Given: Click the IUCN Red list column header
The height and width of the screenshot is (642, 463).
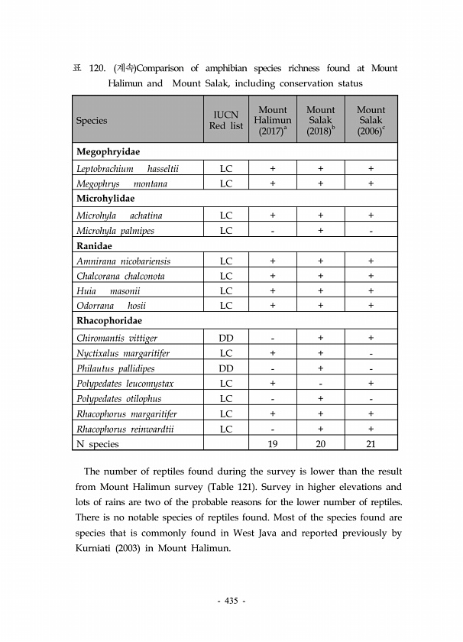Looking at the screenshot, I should click(x=226, y=120).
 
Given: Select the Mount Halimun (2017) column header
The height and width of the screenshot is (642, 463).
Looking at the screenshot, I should click(x=273, y=120).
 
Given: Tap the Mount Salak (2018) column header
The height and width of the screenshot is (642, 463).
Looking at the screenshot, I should click(x=321, y=120).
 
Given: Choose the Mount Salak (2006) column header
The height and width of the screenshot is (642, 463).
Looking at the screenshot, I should click(x=371, y=120).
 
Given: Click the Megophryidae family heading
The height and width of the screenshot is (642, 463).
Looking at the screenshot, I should click(x=107, y=152).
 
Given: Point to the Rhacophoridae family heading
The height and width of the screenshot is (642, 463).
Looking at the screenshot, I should click(x=108, y=321).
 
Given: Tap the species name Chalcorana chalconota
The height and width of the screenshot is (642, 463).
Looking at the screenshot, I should click(x=121, y=276).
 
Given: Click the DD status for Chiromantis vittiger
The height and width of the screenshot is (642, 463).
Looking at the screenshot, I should click(x=226, y=337).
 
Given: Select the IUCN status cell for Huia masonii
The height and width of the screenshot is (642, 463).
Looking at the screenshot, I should click(x=226, y=291).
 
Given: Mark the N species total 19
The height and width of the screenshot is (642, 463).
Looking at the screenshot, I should click(x=273, y=444).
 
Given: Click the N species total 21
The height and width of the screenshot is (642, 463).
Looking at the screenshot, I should click(x=371, y=444).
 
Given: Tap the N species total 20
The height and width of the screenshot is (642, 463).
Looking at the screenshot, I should click(x=321, y=444).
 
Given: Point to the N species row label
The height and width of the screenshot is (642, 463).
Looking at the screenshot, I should click(x=97, y=444).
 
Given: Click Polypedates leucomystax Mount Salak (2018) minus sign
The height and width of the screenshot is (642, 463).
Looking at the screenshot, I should click(x=321, y=383).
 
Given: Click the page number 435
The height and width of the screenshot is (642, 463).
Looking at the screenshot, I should click(x=231, y=601).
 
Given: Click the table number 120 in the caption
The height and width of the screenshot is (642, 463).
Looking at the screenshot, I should click(x=97, y=68).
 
